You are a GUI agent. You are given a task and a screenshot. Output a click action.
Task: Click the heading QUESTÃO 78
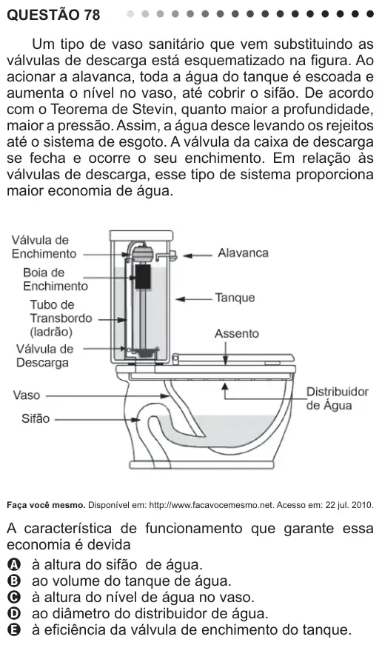53,15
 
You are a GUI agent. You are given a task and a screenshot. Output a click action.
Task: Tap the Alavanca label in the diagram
243,253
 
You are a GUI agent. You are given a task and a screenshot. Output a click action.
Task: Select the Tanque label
235,298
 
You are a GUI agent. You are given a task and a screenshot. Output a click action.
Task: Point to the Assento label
236,333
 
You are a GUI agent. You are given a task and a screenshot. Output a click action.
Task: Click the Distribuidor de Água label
337,398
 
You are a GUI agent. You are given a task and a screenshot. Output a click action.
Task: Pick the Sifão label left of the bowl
36,418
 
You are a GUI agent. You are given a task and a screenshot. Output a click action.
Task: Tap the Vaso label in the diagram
27,395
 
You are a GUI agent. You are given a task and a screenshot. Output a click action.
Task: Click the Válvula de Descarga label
44,355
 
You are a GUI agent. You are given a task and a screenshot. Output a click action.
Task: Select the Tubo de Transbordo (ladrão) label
61,318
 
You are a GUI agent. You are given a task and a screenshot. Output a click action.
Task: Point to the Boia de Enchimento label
56,279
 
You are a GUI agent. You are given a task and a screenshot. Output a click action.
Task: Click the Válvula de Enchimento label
44,247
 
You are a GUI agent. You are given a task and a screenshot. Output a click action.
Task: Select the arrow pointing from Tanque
194,299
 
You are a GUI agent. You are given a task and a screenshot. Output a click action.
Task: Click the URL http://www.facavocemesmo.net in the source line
211,505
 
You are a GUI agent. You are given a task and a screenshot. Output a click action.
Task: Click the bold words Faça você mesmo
46,505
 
